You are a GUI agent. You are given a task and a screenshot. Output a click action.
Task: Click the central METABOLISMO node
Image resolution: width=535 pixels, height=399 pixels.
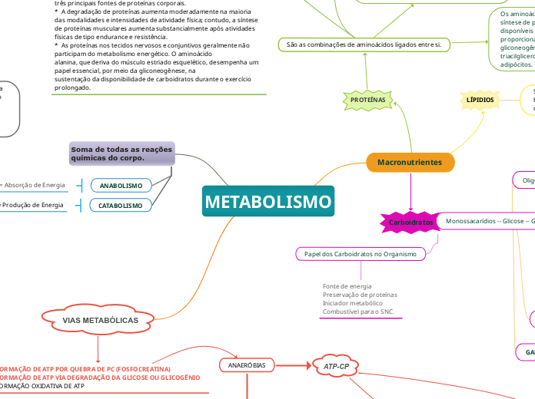pos(269,203)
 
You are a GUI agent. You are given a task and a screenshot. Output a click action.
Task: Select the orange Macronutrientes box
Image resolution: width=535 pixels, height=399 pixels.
pos(410,163)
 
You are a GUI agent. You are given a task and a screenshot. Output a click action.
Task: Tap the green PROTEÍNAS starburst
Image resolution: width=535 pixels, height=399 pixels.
pos(367,101)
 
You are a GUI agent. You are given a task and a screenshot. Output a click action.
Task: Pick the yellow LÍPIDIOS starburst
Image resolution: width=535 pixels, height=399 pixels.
pos(480,101)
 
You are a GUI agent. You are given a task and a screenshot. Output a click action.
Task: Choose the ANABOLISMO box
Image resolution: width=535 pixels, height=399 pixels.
pos(121,186)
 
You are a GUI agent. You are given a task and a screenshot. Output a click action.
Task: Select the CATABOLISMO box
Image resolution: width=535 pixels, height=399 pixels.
pos(121,206)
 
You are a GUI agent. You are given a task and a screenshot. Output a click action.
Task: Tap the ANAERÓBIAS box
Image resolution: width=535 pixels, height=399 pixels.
pos(247,365)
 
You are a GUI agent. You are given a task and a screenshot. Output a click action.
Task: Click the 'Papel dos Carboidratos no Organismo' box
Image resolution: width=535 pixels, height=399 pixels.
pos(360,253)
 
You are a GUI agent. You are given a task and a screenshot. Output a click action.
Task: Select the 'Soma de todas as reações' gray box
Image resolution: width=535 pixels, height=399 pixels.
pos(122,153)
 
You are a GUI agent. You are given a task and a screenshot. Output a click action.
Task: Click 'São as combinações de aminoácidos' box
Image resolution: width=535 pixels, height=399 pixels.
pos(363,45)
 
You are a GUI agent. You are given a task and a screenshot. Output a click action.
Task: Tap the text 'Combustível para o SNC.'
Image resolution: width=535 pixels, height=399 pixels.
pos(358,312)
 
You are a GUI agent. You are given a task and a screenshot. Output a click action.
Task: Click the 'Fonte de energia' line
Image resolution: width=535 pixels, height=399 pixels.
pos(347,286)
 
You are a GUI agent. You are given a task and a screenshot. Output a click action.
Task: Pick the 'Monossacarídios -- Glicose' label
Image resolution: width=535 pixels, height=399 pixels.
pos(488,221)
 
